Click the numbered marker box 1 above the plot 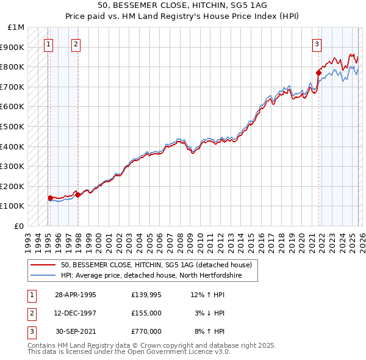pos(48,43)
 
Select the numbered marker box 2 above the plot pos(75,43)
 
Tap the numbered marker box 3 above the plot pos(317,43)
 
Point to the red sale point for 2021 pos(318,73)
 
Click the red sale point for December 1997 pos(77,195)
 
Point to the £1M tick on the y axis pos(16,27)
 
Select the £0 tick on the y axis pos(20,226)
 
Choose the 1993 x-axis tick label pos(28,239)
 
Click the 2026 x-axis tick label pos(361,239)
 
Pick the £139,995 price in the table pos(146,295)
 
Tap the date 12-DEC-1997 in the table pos(76,313)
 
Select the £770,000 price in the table pos(146,331)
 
